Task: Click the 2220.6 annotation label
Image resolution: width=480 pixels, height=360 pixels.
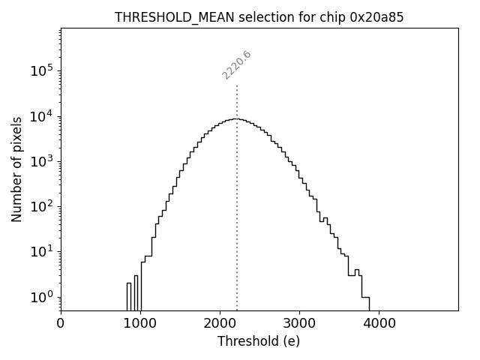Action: point(236,65)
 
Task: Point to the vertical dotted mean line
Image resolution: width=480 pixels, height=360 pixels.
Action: point(237,225)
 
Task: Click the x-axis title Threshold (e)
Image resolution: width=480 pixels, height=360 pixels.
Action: point(259,341)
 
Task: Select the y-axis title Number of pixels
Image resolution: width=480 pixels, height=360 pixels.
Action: point(16,169)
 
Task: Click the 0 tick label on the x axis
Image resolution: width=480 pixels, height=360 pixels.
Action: point(61,324)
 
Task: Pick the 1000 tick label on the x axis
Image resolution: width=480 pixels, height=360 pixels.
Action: point(139,324)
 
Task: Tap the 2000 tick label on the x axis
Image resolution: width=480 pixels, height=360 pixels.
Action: point(219,324)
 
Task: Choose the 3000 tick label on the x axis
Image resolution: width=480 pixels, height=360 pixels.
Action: point(298,324)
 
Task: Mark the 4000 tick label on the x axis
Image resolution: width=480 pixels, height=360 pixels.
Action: point(378,324)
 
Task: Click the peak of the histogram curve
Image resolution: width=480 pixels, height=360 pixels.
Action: point(236,118)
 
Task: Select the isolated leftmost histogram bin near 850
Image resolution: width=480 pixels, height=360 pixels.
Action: point(128,296)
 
